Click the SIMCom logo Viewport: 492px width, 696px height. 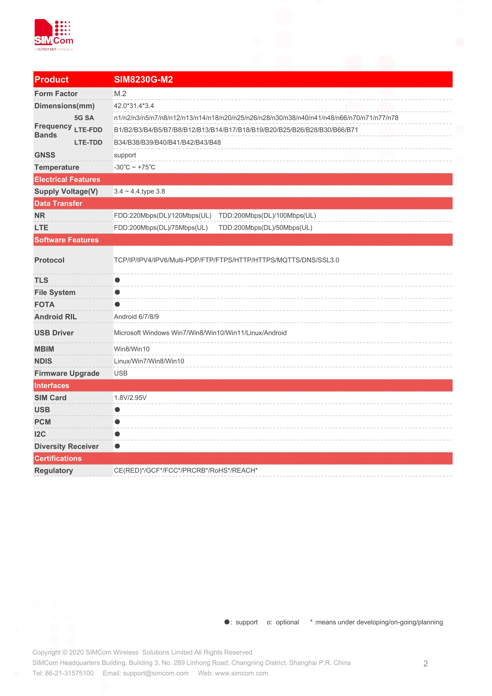54,35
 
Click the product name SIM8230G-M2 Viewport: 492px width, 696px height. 143,79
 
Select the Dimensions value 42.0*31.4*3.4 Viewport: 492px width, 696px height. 134,106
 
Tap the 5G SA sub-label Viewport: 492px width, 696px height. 84,118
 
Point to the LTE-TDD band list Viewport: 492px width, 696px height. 167,143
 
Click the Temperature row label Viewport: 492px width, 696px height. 57,167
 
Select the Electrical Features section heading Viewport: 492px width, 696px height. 67,179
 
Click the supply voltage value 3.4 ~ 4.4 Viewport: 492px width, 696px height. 139,192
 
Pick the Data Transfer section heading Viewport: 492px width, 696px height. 58,204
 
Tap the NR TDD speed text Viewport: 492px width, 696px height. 267,215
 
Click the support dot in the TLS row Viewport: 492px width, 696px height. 117,280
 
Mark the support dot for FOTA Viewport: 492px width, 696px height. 117,304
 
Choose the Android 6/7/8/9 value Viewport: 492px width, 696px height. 136,317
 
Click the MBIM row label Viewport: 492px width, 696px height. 44,349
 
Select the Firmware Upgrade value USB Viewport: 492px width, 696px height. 120,373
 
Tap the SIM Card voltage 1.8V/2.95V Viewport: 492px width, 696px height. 130,398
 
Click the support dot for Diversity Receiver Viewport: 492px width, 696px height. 117,446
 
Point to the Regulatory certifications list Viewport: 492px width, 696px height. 186,470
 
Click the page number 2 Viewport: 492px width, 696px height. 425,664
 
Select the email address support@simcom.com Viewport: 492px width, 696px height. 156,673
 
